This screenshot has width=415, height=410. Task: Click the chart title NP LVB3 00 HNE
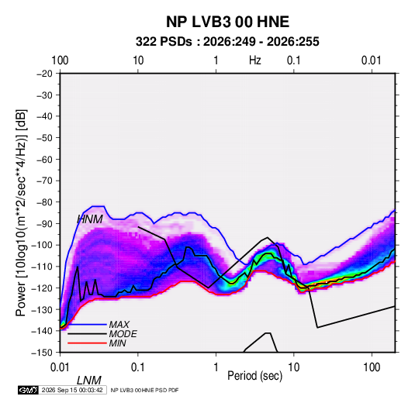pyautogui.click(x=227, y=22)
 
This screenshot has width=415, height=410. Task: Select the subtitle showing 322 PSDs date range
pyautogui.click(x=227, y=42)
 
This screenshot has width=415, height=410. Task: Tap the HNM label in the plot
pyautogui.click(x=90, y=219)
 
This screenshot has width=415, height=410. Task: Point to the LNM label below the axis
pyautogui.click(x=89, y=381)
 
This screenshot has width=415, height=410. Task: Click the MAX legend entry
pyautogui.click(x=119, y=325)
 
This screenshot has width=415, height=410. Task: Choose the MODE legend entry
pyautogui.click(x=123, y=334)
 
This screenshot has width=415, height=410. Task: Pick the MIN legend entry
pyautogui.click(x=117, y=343)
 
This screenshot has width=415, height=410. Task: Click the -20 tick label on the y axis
pyautogui.click(x=44, y=74)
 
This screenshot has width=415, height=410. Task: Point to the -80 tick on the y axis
pyautogui.click(x=44, y=202)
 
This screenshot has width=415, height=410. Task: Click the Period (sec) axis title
pyautogui.click(x=255, y=376)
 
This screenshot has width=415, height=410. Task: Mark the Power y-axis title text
pyautogui.click(x=21, y=213)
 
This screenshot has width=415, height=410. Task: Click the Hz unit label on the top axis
pyautogui.click(x=255, y=60)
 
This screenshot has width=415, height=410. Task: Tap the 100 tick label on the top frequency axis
pyautogui.click(x=60, y=60)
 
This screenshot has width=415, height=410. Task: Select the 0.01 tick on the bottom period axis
pyautogui.click(x=60, y=367)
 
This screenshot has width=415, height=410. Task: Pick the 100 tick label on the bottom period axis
pyautogui.click(x=372, y=367)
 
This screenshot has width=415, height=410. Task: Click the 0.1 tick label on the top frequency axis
pyautogui.click(x=294, y=60)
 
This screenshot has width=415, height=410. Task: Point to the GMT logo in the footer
pyautogui.click(x=29, y=390)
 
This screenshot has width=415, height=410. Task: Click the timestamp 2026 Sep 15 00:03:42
pyautogui.click(x=72, y=390)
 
